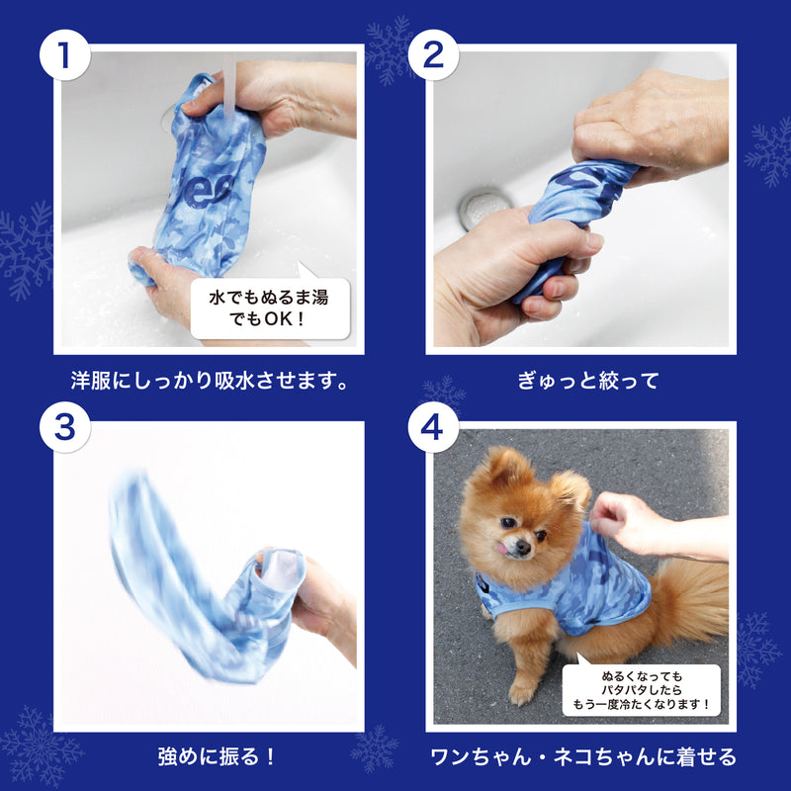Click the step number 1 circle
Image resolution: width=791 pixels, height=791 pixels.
(65, 55)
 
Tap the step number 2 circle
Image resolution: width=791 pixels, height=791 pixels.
(433, 55)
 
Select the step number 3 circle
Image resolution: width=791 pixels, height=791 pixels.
(65, 427)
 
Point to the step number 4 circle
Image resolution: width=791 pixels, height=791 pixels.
(433, 427)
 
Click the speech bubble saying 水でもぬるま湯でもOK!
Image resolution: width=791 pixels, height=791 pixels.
(270, 308)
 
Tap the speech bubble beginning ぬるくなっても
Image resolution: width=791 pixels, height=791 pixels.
(641, 689)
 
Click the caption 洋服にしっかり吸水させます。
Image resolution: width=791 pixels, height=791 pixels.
(210, 381)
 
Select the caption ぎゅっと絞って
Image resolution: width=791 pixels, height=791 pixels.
(588, 381)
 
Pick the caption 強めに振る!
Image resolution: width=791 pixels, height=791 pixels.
(217, 756)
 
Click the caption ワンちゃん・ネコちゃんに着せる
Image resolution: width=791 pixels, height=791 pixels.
(583, 756)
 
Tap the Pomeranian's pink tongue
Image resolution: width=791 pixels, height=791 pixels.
(502, 548)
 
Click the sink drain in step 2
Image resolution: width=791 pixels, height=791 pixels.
(483, 208)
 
